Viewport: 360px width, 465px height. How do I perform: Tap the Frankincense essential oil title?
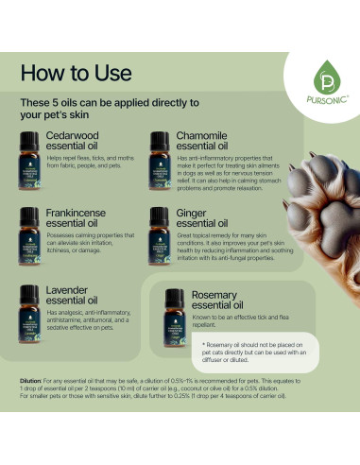(x=80, y=215)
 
